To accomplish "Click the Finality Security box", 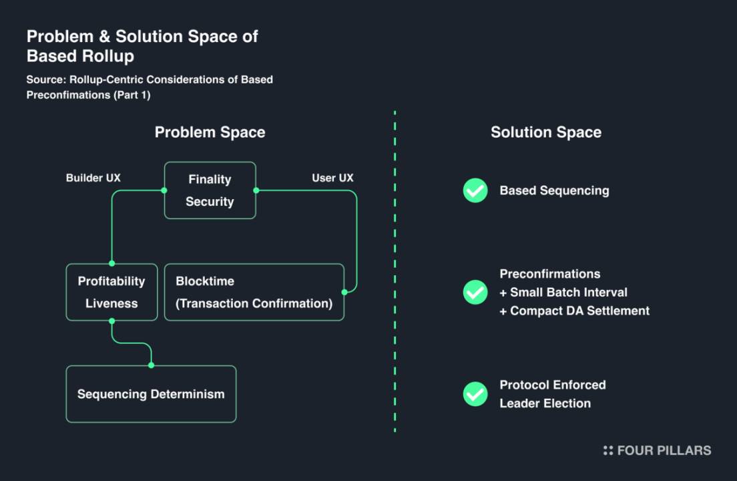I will point(210,190).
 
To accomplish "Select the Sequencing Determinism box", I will point(151,394).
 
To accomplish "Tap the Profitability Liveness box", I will point(111,292).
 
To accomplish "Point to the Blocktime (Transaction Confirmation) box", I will point(254,292).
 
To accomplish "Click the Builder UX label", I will point(93,178).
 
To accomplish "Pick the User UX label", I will point(332,178).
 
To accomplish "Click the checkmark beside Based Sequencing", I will point(475,190).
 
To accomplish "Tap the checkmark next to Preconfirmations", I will point(475,292).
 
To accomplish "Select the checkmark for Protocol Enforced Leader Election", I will point(475,394).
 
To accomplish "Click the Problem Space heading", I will point(210,132).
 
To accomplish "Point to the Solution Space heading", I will point(546,132).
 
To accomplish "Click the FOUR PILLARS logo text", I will point(664,450).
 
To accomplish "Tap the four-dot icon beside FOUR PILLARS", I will point(607,450).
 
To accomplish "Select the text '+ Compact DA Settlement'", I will point(574,311).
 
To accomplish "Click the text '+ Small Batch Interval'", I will point(563,292).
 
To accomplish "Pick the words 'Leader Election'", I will point(545,404).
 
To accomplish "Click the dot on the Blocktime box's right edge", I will point(344,292).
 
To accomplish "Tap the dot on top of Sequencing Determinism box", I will point(152,365).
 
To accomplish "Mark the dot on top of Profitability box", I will point(111,263).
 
